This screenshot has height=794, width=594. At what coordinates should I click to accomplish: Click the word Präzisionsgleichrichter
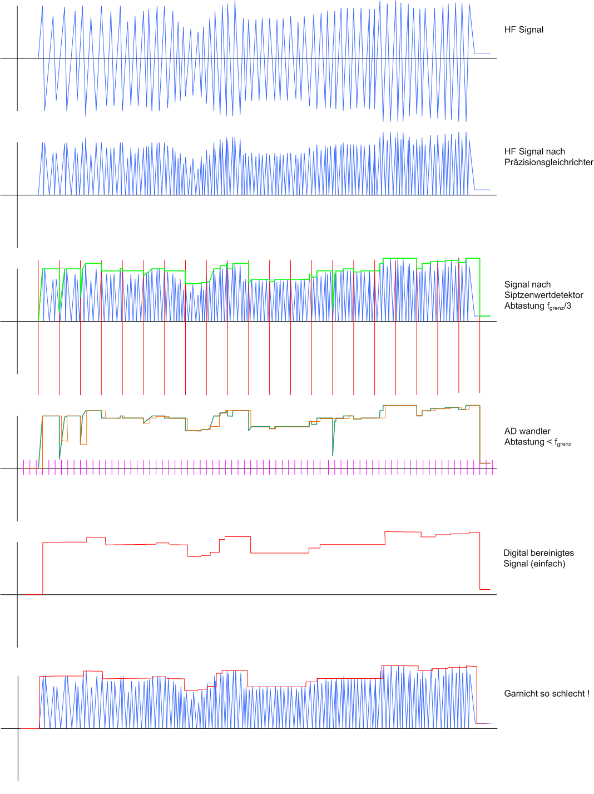(x=548, y=162)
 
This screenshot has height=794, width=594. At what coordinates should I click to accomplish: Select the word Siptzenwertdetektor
(x=543, y=295)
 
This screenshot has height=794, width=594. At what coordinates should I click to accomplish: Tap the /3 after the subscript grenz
(x=568, y=305)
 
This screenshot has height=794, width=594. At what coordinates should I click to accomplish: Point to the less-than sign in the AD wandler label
(x=549, y=442)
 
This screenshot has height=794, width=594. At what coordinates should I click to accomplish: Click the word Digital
(x=516, y=553)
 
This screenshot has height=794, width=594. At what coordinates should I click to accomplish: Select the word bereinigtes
(x=552, y=553)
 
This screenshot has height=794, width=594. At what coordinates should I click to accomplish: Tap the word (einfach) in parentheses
(x=548, y=564)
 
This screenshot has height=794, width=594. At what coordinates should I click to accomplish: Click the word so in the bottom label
(x=545, y=694)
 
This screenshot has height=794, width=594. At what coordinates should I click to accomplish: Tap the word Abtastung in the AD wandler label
(x=524, y=442)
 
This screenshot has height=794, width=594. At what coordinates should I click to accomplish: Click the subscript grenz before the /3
(x=557, y=308)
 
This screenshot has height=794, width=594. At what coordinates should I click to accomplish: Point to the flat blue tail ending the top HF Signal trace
(x=482, y=53)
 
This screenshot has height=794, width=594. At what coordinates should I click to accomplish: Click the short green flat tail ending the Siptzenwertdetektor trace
(x=485, y=316)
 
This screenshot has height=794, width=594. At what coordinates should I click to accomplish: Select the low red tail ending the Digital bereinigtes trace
(x=485, y=589)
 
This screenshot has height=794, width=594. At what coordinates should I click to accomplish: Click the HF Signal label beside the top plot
(x=524, y=29)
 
